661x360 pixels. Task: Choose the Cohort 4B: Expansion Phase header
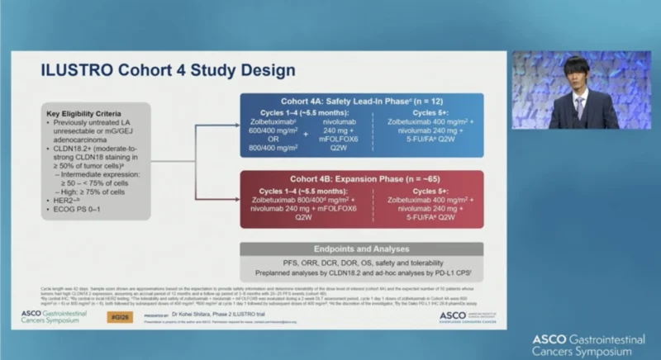click(x=361, y=178)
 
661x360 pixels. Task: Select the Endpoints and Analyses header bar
click(x=361, y=249)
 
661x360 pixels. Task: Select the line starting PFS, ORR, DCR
click(x=361, y=263)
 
